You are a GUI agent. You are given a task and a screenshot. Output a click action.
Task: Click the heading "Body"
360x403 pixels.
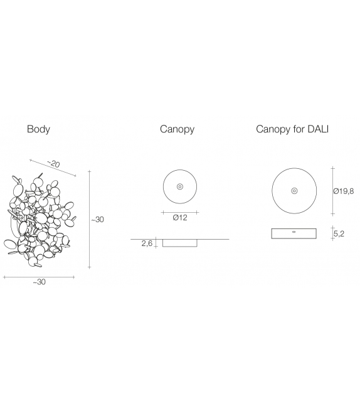38,129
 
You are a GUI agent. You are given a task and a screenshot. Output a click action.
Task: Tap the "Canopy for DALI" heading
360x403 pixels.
292,129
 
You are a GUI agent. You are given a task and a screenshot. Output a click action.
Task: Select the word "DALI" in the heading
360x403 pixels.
318,129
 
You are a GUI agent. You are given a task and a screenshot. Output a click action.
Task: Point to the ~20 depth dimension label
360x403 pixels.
53,164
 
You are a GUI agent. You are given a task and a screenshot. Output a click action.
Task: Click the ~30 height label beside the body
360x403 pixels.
98,220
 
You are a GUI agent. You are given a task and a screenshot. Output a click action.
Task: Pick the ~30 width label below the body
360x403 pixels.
40,282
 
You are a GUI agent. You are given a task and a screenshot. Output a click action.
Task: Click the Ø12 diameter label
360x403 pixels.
180,218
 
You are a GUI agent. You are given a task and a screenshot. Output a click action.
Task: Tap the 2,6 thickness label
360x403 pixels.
147,243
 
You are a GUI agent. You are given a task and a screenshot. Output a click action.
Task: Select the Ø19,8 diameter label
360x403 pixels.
344,191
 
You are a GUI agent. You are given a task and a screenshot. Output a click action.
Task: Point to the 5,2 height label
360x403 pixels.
339,234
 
